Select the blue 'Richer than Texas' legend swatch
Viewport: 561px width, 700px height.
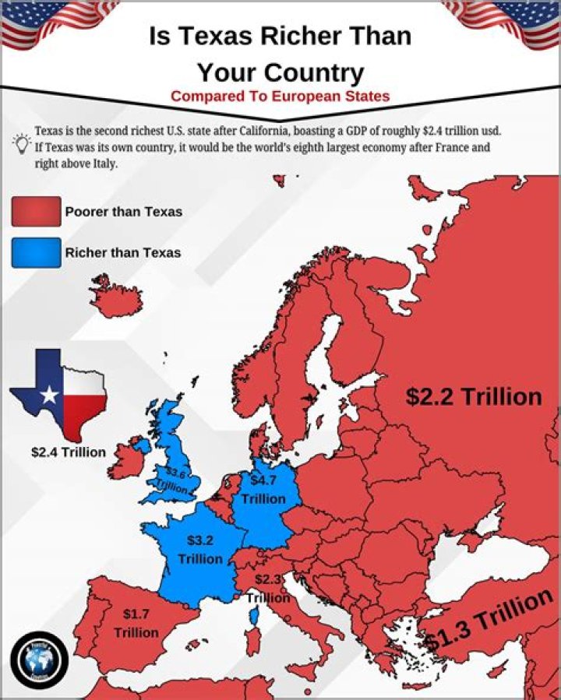point(36,252)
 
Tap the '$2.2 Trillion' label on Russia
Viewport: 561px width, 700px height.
point(473,396)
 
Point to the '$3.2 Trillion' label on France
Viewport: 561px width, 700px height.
point(200,549)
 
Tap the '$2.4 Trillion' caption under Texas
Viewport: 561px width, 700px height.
point(68,452)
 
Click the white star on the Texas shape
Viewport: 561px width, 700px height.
point(49,395)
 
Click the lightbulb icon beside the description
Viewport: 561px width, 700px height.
point(20,142)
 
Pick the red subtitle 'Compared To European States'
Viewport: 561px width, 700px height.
point(280,97)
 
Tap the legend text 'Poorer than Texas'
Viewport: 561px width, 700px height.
point(123,212)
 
